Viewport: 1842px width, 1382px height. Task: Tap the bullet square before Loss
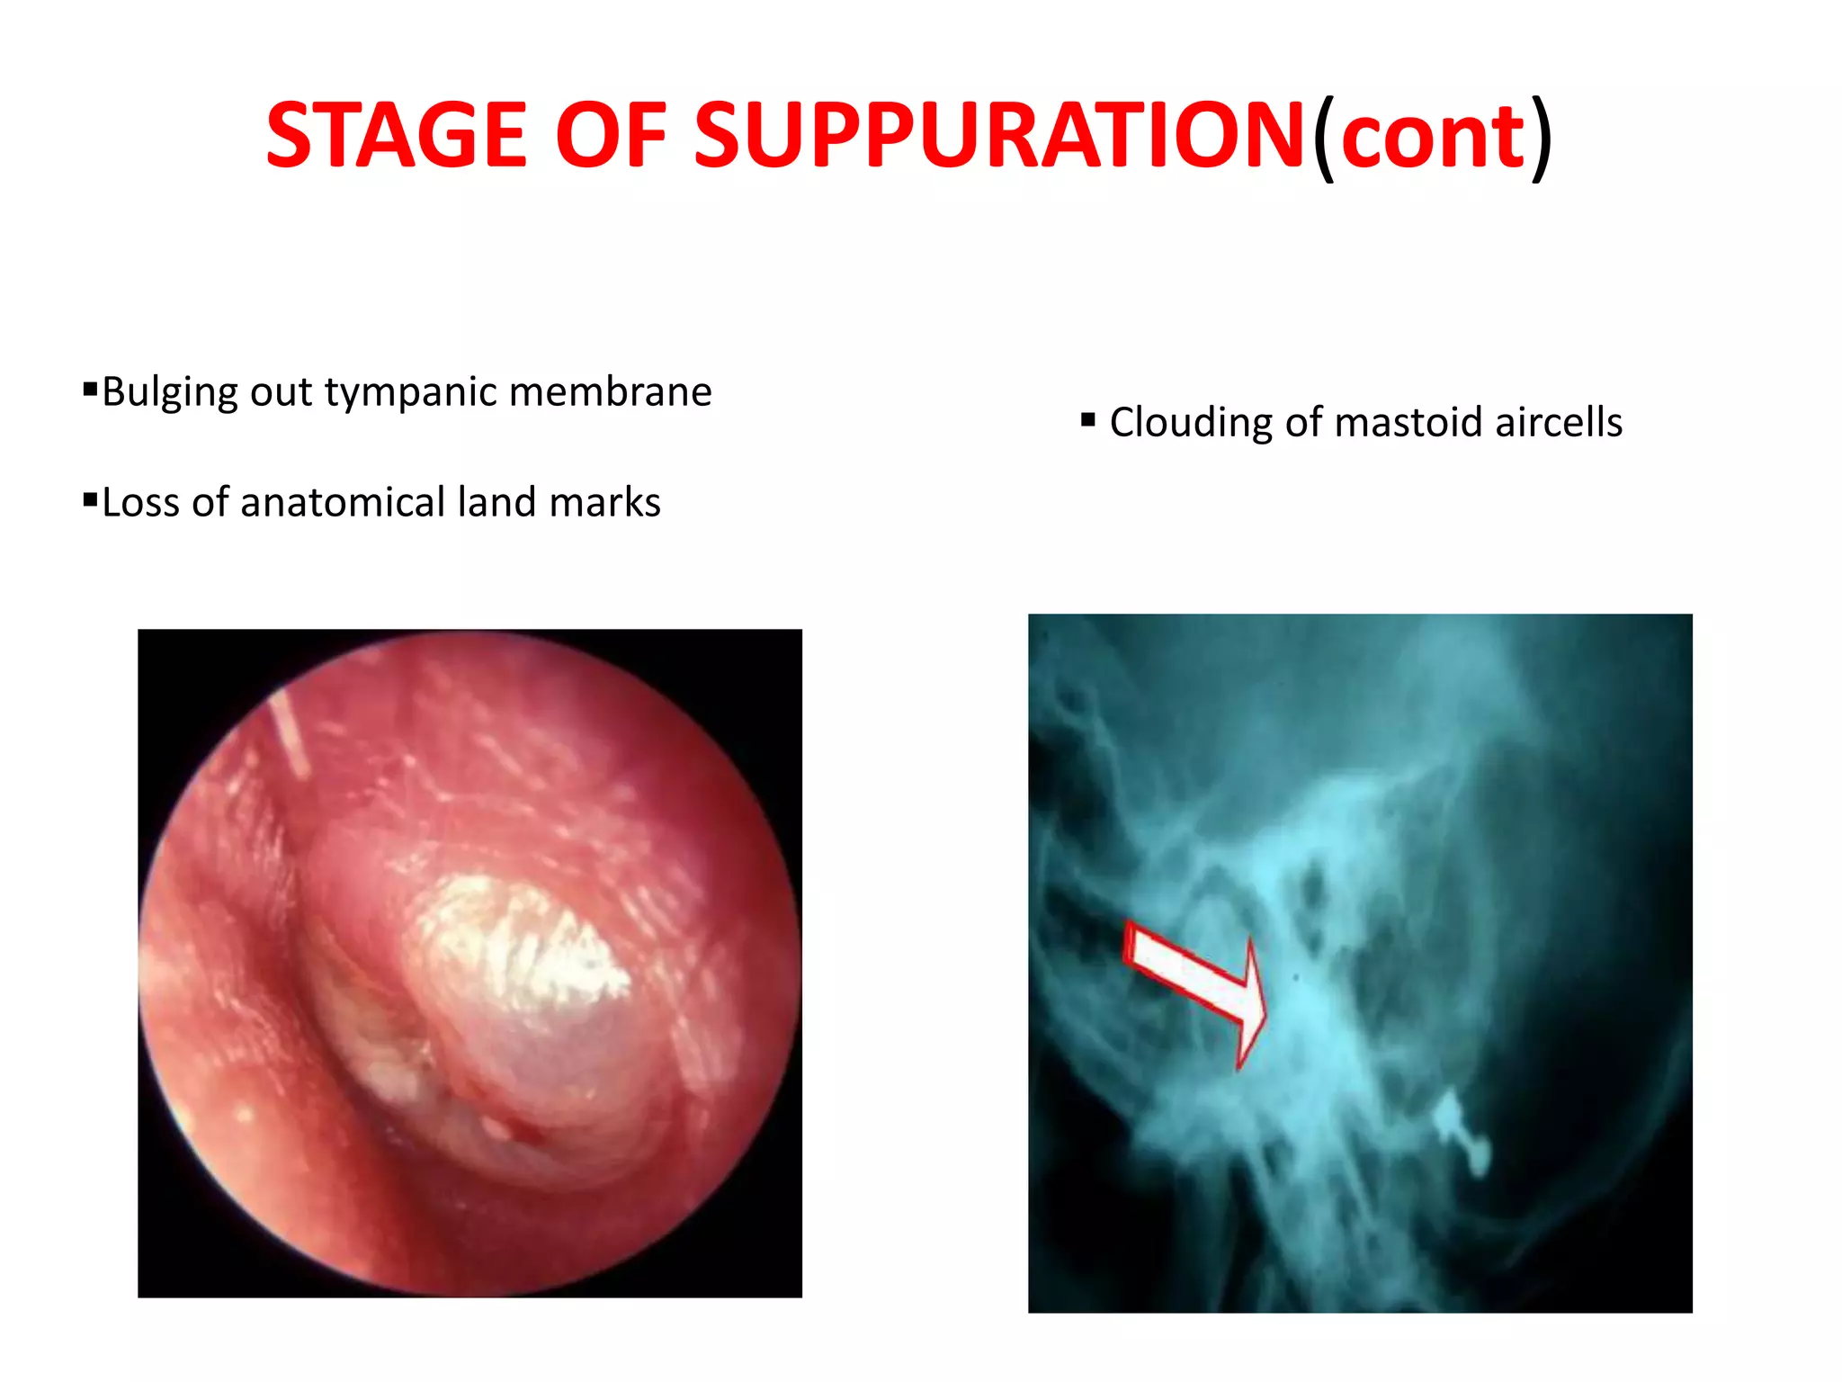point(90,499)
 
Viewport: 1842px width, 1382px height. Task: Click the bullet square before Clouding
point(1088,419)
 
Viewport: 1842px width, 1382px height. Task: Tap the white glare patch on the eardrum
point(522,945)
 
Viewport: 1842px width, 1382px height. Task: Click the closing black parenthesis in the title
point(1542,137)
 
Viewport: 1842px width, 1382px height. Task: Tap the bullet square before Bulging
point(90,390)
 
